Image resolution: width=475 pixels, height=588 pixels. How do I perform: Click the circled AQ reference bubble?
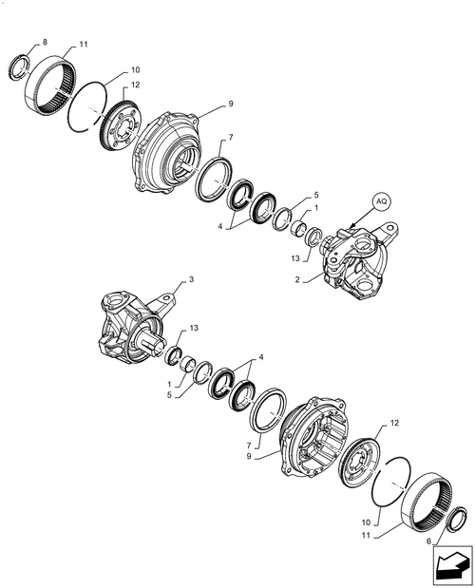pos(381,201)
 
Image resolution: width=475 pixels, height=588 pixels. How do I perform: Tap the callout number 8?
pos(46,42)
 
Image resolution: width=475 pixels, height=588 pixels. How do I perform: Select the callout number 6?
pos(428,541)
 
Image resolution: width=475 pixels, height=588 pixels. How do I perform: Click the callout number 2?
pos(297,279)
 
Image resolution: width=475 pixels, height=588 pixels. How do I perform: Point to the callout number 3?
pos(191,279)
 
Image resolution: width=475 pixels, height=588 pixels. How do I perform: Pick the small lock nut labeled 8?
pos(19,67)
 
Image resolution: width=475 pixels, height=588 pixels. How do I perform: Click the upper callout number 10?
pos(135,69)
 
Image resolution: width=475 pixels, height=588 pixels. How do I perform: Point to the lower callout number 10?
pos(366,522)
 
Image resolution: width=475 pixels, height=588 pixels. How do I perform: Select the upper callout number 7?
pos(231,138)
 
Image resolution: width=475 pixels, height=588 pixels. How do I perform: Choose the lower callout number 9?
pos(249,457)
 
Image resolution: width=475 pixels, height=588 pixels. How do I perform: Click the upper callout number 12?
pos(135,85)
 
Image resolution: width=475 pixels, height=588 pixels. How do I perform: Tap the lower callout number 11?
pos(366,536)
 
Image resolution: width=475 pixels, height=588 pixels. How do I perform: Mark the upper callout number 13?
pos(295,258)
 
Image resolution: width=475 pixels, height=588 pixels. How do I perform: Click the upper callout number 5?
pos(316,195)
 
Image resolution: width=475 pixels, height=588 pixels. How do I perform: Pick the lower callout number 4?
pos(261,357)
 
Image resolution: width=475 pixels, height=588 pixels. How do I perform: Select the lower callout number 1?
pos(169,385)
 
